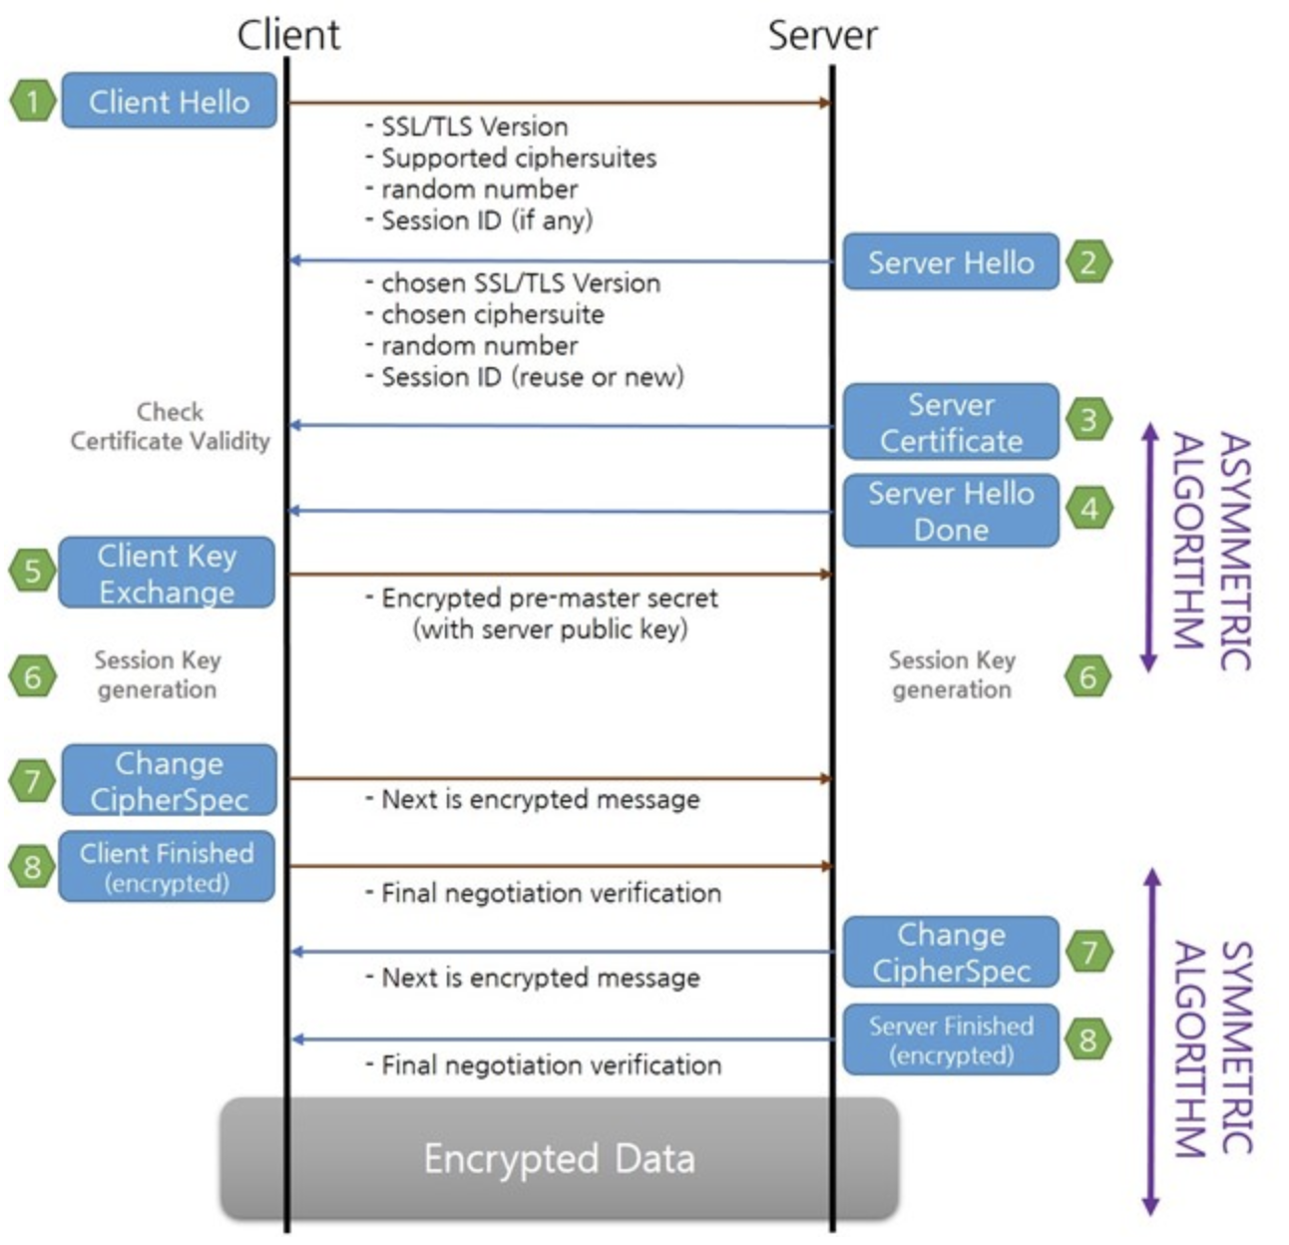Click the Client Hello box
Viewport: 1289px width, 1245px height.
pos(169,101)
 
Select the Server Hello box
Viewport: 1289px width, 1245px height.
pos(950,262)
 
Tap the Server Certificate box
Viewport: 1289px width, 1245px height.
pos(950,422)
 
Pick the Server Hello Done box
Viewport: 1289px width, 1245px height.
pos(950,511)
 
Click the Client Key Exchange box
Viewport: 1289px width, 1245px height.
pos(167,573)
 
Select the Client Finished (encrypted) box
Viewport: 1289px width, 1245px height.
pos(167,867)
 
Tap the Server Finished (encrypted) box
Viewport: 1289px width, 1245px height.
pos(950,1039)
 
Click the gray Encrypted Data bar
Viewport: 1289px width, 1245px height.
pos(559,1158)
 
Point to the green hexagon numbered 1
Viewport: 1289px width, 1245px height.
pos(33,101)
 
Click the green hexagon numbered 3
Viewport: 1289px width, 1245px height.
pos(1087,419)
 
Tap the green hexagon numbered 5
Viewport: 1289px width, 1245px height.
pos(33,572)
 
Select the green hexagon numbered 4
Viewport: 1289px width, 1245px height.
pos(1087,509)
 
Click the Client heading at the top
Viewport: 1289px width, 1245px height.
pos(288,36)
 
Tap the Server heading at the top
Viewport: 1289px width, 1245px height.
pos(822,36)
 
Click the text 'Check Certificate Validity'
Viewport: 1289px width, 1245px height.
pos(170,426)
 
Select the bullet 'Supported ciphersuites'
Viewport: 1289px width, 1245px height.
pos(518,158)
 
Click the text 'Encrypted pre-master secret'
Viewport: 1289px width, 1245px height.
pos(549,598)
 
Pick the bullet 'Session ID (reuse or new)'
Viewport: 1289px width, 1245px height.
pos(532,377)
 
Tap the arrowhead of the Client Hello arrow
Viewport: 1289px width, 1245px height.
pos(825,103)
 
